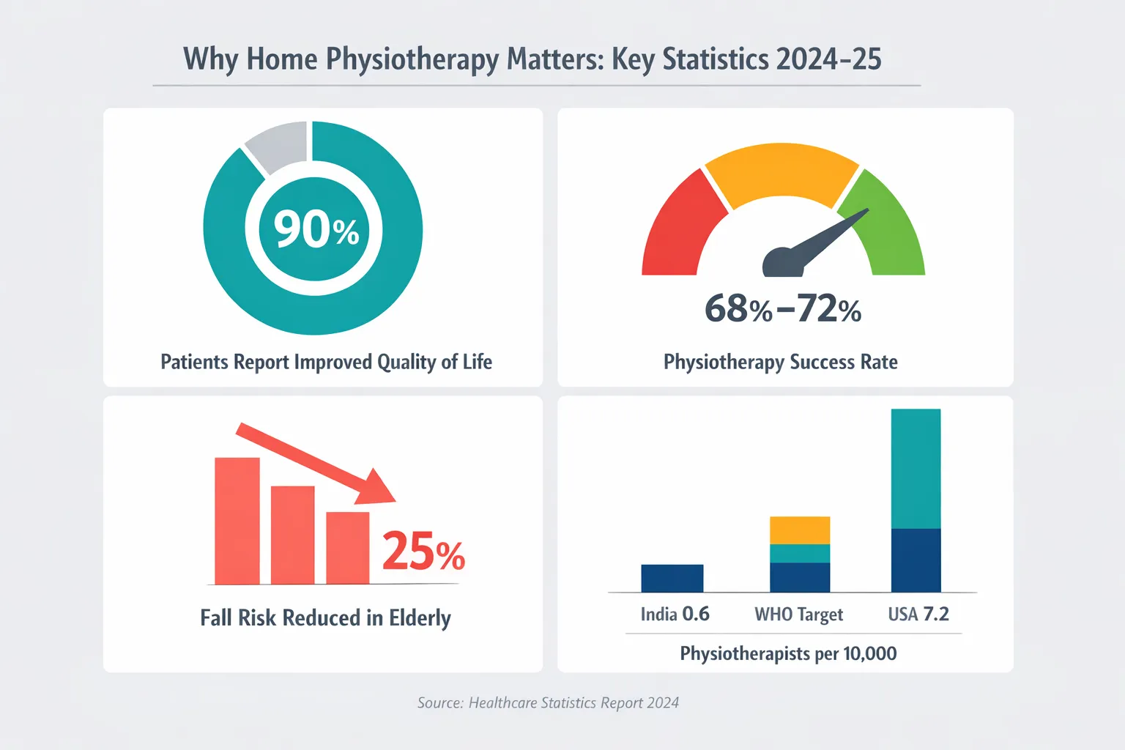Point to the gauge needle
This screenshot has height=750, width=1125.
point(820,242)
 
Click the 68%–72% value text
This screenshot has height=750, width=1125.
point(782,309)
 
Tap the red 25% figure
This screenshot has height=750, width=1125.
point(423,552)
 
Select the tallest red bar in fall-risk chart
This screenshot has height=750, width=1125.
point(237,521)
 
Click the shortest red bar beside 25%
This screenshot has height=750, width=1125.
point(348,548)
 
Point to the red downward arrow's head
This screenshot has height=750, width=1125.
point(376,488)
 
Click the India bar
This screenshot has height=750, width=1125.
point(672,578)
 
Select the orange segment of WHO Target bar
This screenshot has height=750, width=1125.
point(800,530)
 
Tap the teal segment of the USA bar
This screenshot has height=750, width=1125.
point(916,469)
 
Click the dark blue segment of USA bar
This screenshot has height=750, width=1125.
point(916,560)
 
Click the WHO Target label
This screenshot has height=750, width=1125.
point(798,615)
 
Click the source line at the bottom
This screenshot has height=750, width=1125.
point(548,703)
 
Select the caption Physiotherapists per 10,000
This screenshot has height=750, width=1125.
point(788,653)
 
